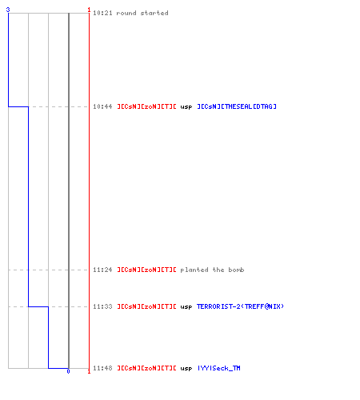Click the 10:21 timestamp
102,13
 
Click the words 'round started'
142,13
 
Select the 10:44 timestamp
102,106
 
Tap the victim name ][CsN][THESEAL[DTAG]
237,106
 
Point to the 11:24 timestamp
102,270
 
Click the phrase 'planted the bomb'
212,270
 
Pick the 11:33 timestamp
102,306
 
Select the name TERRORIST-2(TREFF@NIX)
240,306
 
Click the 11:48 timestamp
102,368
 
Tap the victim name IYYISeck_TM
219,368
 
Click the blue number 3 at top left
8,10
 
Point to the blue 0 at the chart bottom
68,371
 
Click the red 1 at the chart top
89,10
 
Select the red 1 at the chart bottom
89,371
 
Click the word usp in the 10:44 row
186,107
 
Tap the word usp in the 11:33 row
186,307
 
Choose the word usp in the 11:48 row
186,369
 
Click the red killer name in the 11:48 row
146,368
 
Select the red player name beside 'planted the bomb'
146,270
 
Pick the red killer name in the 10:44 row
146,106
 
